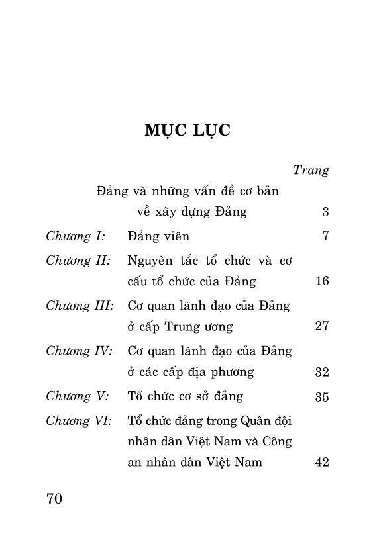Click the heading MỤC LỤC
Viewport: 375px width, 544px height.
tap(187, 130)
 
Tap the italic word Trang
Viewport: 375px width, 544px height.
tap(311, 170)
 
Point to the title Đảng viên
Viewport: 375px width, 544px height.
tap(158, 236)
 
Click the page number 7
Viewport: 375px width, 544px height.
tap(325, 236)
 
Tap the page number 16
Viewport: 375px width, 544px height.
tap(322, 281)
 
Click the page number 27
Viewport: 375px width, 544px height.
tap(322, 327)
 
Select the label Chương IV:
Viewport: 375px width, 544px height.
tap(79, 351)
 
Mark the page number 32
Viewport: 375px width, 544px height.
tap(322, 373)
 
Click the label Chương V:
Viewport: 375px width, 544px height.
tap(76, 396)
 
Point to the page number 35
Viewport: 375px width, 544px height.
tap(322, 397)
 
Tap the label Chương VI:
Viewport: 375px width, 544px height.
tap(80, 420)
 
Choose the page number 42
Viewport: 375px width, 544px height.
tap(322, 463)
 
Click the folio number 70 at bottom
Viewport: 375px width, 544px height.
tap(54, 498)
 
